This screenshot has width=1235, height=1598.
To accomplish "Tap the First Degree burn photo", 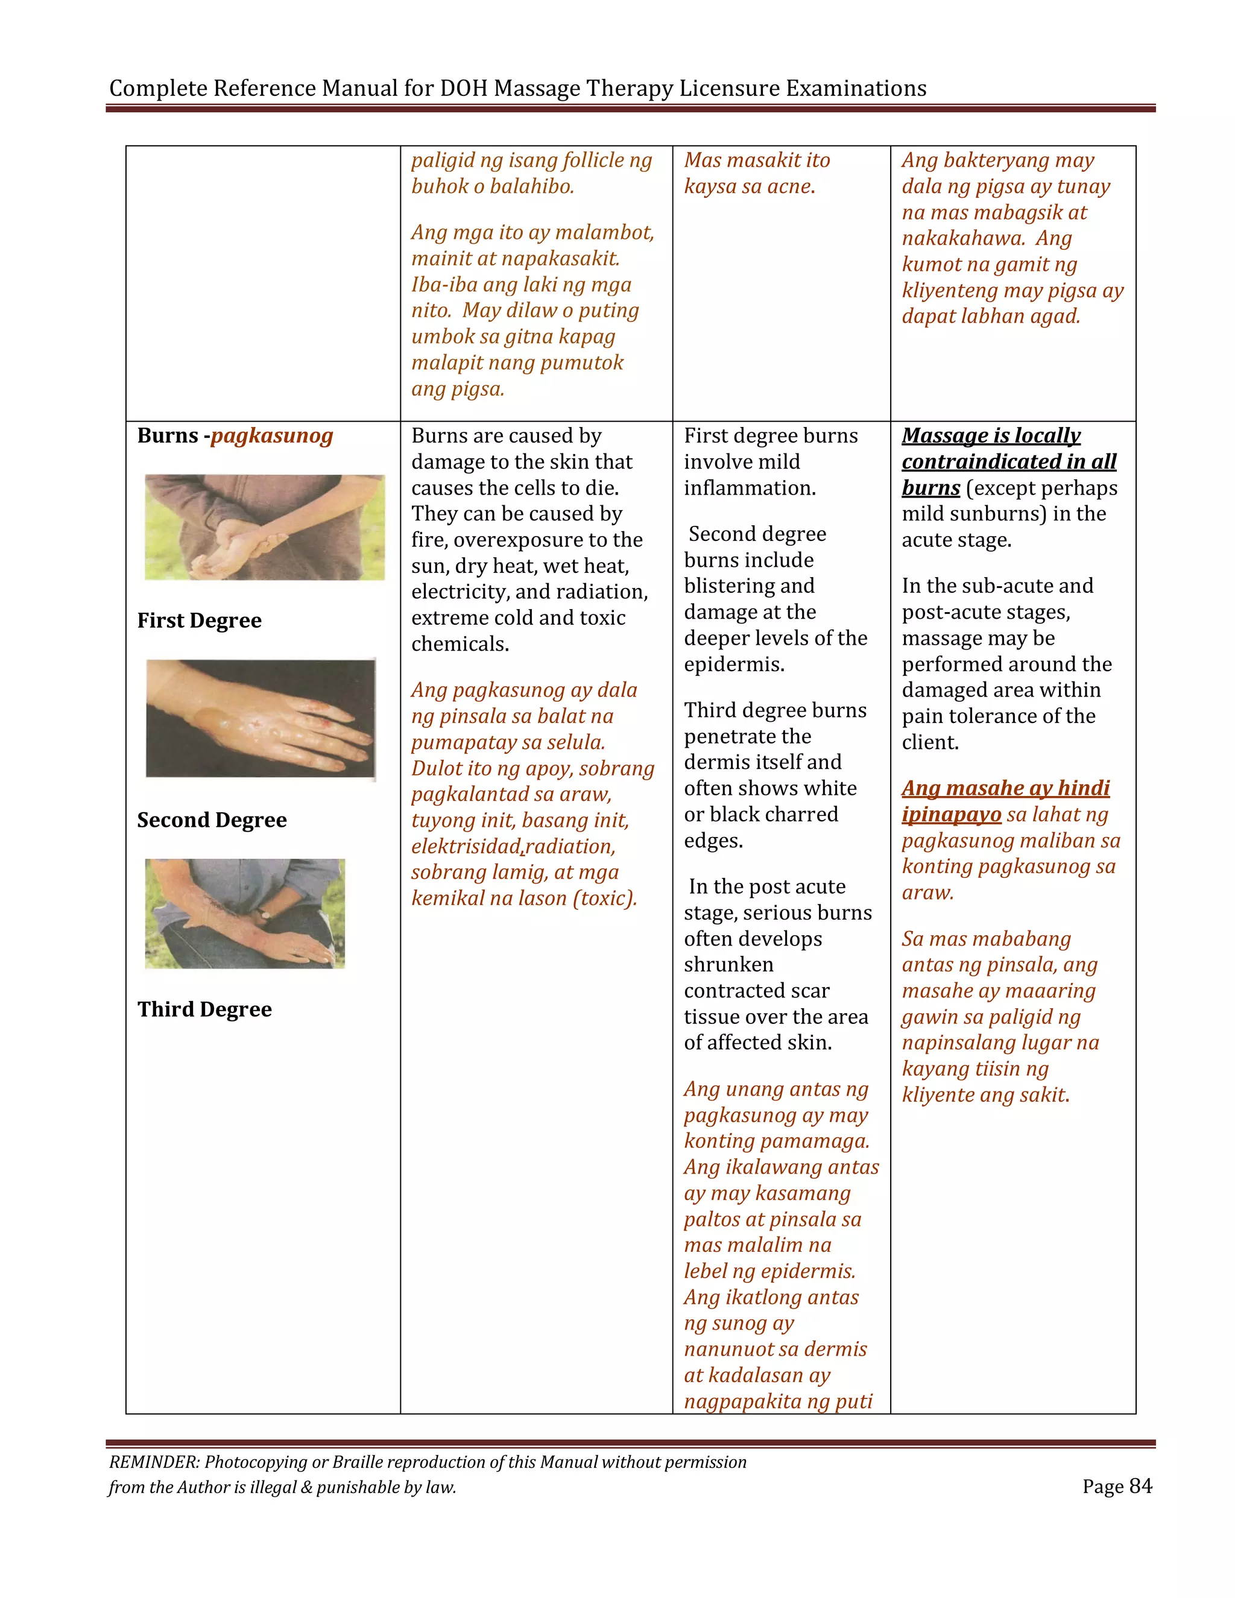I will (x=264, y=528).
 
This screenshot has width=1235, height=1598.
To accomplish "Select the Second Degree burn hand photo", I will (x=261, y=719).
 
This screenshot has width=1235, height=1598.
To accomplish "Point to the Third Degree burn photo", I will (x=244, y=913).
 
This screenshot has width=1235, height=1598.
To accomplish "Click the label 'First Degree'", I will (x=199, y=621).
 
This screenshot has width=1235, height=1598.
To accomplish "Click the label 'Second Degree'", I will (x=212, y=820).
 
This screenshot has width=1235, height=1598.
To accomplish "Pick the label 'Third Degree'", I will (x=204, y=1009).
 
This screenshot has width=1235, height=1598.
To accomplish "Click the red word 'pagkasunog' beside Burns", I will (x=272, y=436).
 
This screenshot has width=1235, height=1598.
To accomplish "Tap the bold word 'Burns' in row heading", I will (x=168, y=436).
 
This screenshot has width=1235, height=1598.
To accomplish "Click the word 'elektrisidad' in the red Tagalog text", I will (x=466, y=847).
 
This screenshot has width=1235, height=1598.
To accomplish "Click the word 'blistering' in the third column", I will (x=749, y=586).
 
